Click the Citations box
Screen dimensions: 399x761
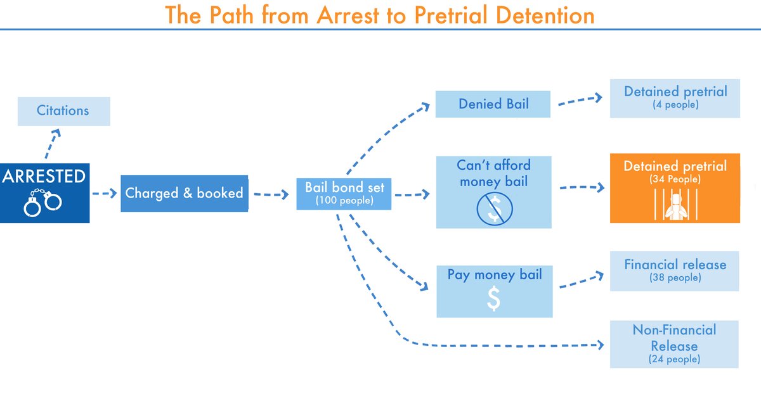[63, 111]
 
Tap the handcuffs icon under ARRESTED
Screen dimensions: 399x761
[43, 202]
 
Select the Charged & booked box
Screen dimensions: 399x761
[184, 193]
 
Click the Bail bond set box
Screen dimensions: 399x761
[344, 193]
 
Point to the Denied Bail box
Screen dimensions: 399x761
[493, 104]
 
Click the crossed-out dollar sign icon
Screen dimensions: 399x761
[493, 208]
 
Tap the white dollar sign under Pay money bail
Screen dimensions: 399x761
[493, 299]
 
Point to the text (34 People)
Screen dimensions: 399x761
[675, 180]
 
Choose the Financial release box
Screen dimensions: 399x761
[675, 270]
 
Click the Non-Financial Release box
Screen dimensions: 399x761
[675, 344]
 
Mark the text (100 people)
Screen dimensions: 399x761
[344, 201]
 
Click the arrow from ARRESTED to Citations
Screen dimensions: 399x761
[51, 144]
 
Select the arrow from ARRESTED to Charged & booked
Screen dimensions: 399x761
[105, 193]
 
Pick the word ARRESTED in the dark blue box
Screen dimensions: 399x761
[44, 177]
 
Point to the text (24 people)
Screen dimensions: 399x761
[675, 359]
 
